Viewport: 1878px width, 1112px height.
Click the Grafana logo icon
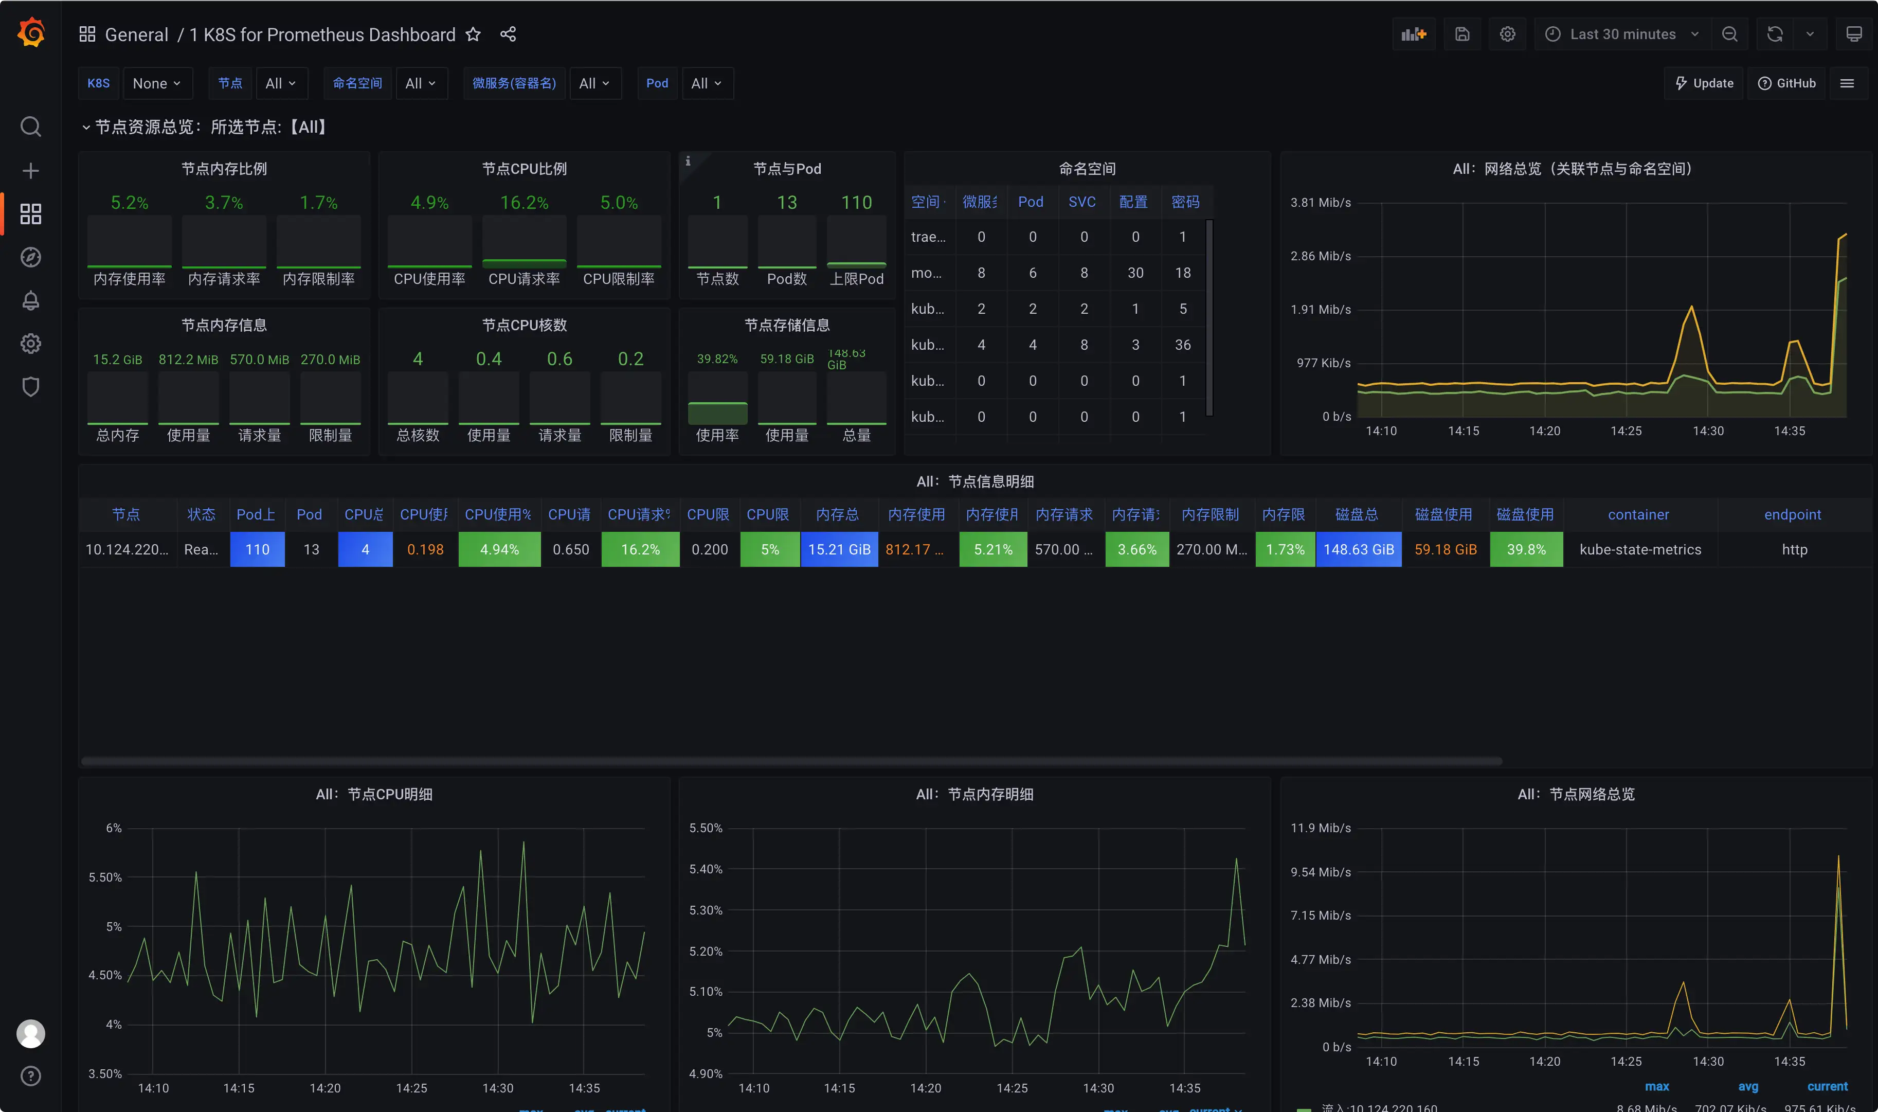[31, 33]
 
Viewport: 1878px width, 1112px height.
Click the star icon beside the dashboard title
[473, 34]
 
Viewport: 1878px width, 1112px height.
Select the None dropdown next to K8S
[156, 83]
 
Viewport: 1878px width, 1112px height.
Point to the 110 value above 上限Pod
[856, 202]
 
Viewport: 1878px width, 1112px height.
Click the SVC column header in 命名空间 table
[1082, 202]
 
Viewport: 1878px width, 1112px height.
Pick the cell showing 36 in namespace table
[1182, 345]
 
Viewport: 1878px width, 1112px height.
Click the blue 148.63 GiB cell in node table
[1358, 549]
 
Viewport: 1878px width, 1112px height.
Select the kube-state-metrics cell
[1640, 549]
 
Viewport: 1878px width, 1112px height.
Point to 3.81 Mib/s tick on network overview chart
[1320, 202]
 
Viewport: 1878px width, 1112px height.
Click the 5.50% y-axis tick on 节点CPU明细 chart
[105, 877]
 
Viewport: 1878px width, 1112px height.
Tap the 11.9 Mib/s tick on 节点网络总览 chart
[1320, 827]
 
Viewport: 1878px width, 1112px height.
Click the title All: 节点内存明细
[974, 794]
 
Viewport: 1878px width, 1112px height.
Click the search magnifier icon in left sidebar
[31, 127]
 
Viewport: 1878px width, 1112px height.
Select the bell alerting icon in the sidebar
[31, 300]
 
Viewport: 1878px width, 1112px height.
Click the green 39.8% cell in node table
[1526, 549]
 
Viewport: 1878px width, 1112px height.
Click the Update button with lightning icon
[1704, 83]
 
